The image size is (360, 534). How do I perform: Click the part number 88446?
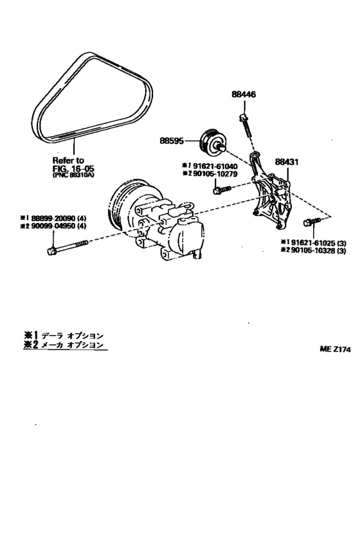tap(244, 94)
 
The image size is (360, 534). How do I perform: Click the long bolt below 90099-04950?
tap(67, 247)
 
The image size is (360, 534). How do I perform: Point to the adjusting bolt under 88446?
tap(246, 129)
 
